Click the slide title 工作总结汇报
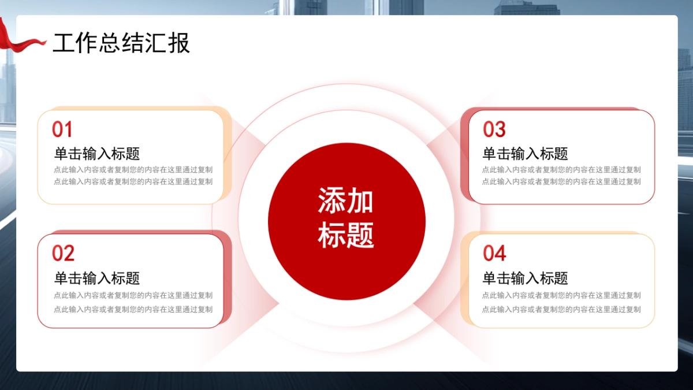121,43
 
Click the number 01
62,129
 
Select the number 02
64,253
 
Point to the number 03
494,129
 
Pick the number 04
494,253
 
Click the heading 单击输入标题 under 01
97,154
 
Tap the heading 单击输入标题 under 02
97,278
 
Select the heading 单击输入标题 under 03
526,154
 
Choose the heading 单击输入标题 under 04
526,278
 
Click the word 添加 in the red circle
346,201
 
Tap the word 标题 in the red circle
346,235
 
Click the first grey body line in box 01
133,170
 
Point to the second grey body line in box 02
133,309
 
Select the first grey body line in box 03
561,170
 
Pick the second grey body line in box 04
561,309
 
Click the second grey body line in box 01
133,181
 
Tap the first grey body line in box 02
133,295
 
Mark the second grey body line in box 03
561,181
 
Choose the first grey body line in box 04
561,295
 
